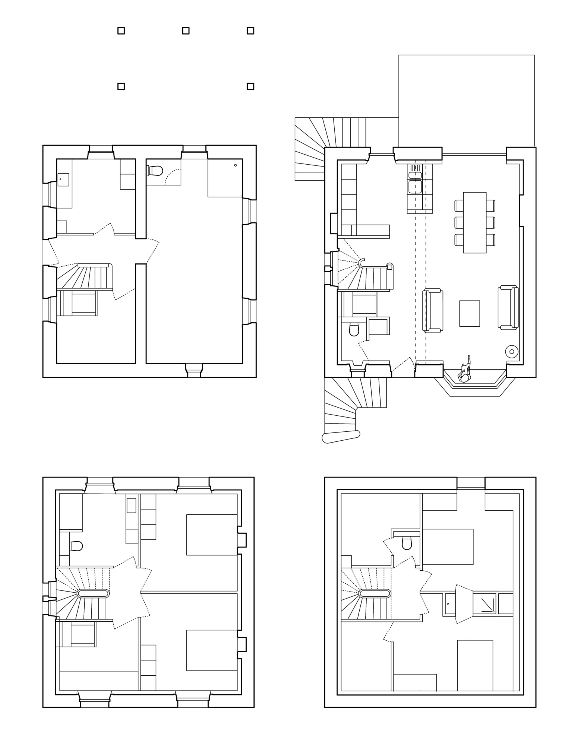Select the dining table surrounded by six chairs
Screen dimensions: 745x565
[474, 222]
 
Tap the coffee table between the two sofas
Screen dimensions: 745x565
[469, 313]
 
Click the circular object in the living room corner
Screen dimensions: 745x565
[512, 351]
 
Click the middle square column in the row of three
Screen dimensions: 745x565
[186, 31]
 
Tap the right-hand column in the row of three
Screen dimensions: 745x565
[250, 31]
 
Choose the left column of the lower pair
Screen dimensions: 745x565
[121, 86]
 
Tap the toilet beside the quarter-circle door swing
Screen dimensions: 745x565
[156, 171]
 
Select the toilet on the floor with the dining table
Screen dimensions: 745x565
[353, 329]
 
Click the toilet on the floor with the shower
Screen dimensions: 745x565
[407, 543]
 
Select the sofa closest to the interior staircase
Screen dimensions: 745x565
[433, 310]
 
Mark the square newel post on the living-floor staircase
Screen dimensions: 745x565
[389, 266]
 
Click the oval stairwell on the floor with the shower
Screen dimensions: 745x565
[375, 593]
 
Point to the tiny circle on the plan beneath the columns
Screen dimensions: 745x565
[235, 165]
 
